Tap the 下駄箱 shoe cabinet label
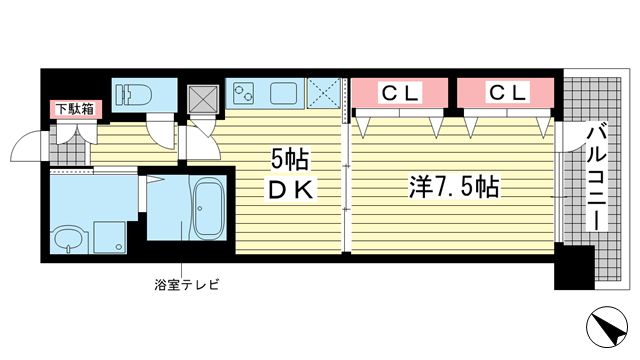[74, 109]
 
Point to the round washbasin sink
[68, 240]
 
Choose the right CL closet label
[506, 93]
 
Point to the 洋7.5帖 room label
[454, 186]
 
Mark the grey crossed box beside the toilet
[203, 96]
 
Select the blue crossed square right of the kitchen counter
[323, 94]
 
